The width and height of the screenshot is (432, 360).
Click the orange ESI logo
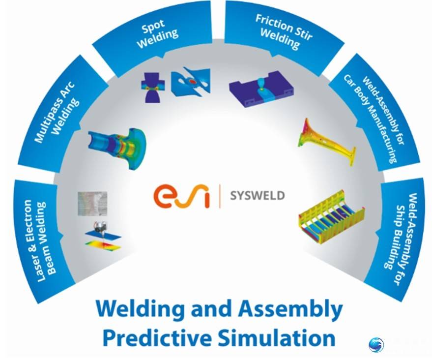[181, 196]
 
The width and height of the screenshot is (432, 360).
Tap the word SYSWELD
[258, 196]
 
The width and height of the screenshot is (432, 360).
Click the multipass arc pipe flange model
[117, 148]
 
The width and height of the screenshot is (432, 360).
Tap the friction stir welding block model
[261, 89]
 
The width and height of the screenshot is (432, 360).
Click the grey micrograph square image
[92, 204]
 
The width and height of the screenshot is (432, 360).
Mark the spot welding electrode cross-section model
[153, 88]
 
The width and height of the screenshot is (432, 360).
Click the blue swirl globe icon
[376, 345]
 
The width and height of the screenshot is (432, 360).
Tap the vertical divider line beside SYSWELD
[220, 196]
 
